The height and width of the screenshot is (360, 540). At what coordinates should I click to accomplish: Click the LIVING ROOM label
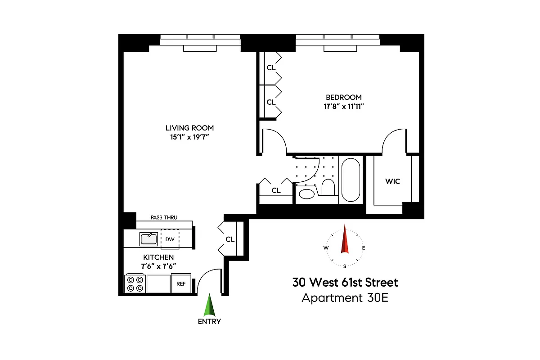(x=189, y=128)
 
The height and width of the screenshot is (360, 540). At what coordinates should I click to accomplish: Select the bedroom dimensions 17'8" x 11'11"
(x=343, y=107)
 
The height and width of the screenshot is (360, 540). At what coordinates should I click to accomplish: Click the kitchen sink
(x=148, y=239)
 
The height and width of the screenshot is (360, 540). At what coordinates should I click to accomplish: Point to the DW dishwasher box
(x=170, y=239)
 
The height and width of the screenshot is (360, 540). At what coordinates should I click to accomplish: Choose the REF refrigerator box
(x=181, y=283)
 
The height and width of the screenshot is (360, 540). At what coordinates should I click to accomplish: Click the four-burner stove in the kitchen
(x=135, y=283)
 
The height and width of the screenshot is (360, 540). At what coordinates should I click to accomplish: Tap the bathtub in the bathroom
(x=351, y=180)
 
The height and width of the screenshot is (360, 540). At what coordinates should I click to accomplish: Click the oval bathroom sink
(x=308, y=194)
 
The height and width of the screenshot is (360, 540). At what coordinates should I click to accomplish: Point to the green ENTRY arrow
(x=209, y=306)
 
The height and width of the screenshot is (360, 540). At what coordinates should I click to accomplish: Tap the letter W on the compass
(x=326, y=248)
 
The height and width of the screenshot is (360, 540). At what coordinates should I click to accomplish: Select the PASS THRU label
(x=163, y=217)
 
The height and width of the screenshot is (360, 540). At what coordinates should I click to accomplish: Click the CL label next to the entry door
(x=230, y=239)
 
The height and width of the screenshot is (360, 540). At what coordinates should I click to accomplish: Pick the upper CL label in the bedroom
(x=271, y=68)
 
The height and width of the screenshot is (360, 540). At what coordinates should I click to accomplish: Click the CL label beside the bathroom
(x=276, y=190)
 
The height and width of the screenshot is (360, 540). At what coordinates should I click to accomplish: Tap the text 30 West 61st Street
(x=345, y=283)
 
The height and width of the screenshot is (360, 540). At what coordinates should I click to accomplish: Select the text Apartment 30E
(x=345, y=298)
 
